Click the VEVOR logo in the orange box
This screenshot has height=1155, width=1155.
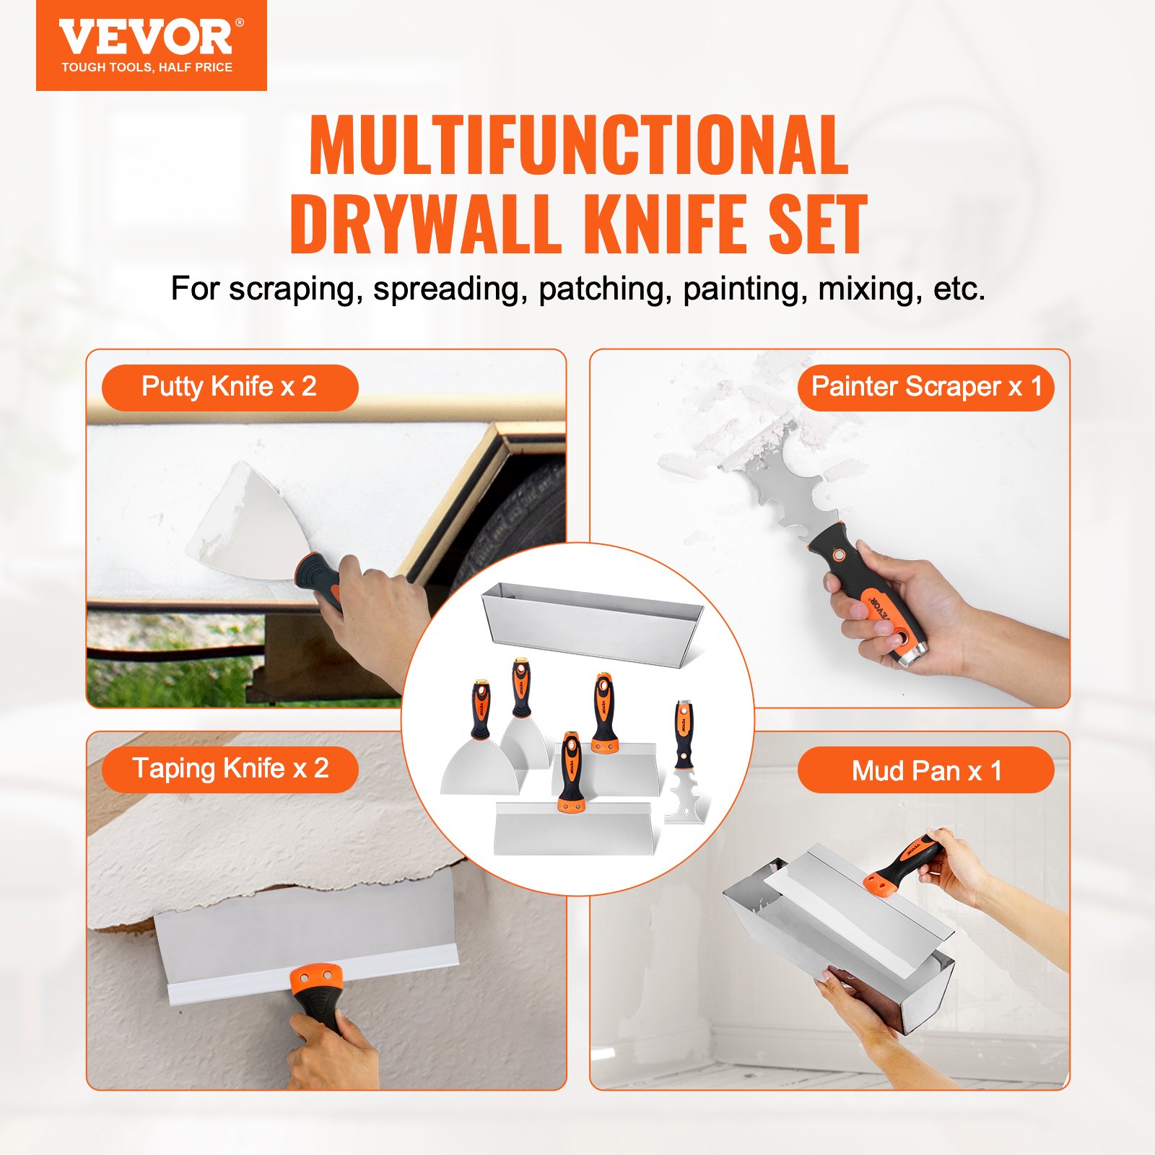[x=147, y=38]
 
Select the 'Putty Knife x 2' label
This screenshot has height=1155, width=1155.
[x=230, y=387]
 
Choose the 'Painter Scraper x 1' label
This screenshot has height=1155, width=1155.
[x=926, y=387]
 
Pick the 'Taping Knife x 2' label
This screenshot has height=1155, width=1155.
[x=230, y=769]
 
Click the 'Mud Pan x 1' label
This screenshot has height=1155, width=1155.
[x=926, y=770]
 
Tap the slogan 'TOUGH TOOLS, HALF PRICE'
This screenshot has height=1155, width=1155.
[x=147, y=68]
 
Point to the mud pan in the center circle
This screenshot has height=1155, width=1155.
[x=592, y=621]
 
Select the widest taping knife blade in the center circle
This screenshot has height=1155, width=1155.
[x=574, y=830]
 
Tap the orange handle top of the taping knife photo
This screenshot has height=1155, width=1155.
[x=315, y=979]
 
